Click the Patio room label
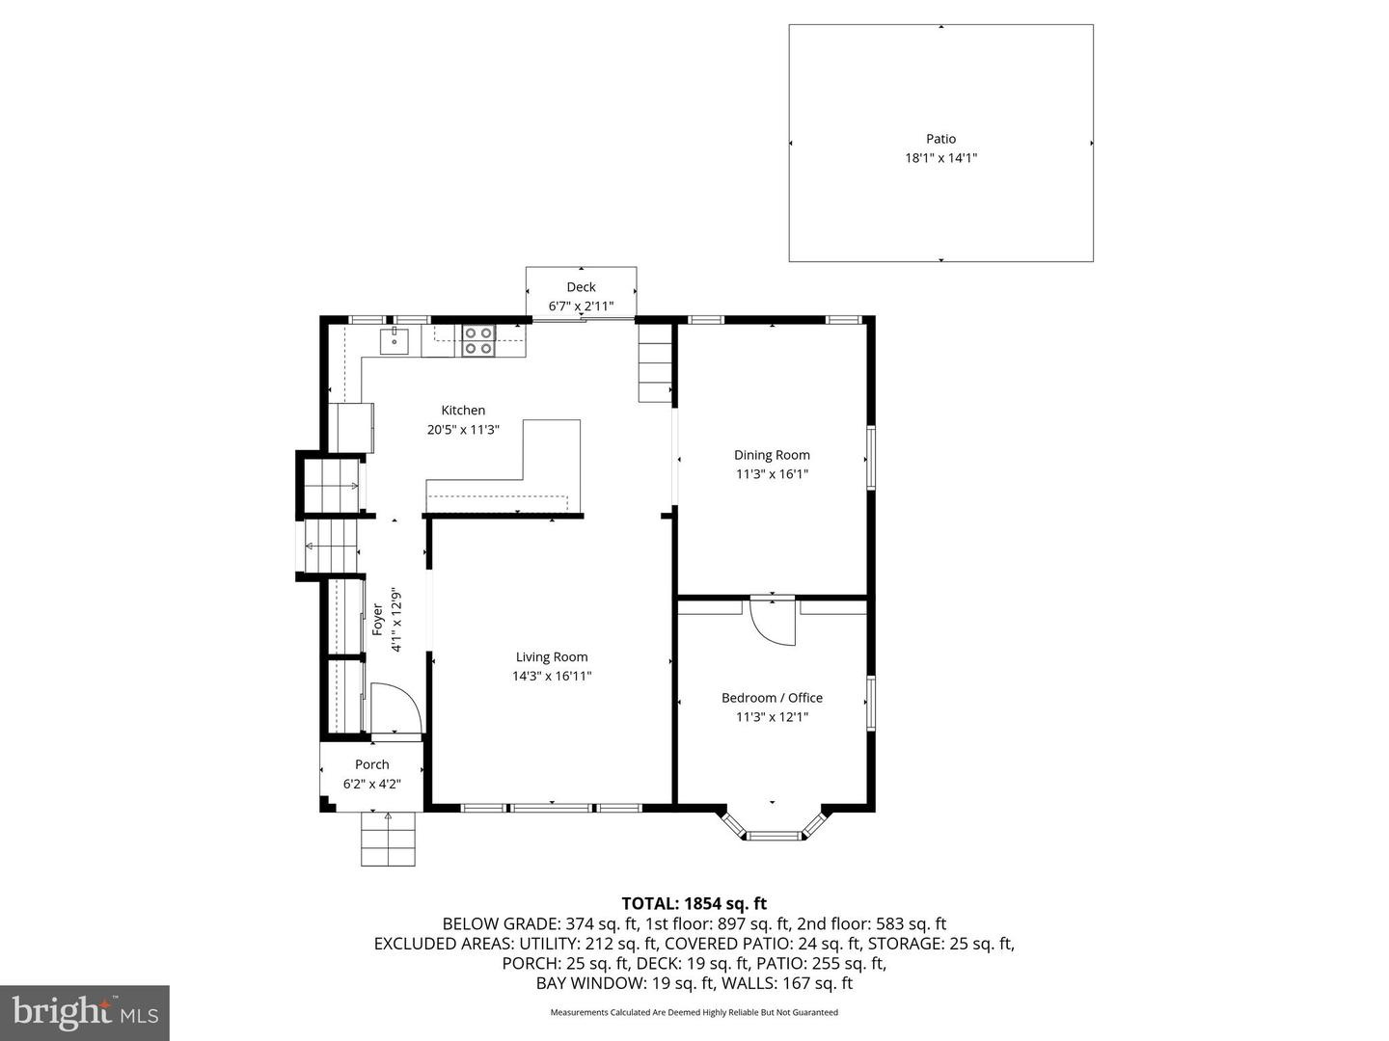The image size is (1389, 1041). pos(940,139)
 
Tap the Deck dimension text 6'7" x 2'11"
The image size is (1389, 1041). pos(581,307)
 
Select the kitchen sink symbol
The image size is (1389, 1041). pos(394,341)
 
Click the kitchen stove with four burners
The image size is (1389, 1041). pos(478,340)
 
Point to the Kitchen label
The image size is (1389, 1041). pos(463,411)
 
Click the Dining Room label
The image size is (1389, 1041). pos(772,455)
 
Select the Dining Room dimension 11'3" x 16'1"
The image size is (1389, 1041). pos(772,474)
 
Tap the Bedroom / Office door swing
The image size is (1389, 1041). pos(771,623)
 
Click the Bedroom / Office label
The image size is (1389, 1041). pos(772,698)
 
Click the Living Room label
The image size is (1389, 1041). pos(552,657)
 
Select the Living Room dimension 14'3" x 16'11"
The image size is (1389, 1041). pos(552,677)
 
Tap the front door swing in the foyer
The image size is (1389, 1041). pos(394,709)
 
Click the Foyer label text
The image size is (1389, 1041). pos(378,619)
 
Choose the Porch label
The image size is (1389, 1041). pos(371,764)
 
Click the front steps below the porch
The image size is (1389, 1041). pos(388,839)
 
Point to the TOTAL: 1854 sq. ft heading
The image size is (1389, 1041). pos(694,903)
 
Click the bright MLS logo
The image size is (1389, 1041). pos(85,1012)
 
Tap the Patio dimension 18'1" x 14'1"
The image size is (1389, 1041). pos(940,158)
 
